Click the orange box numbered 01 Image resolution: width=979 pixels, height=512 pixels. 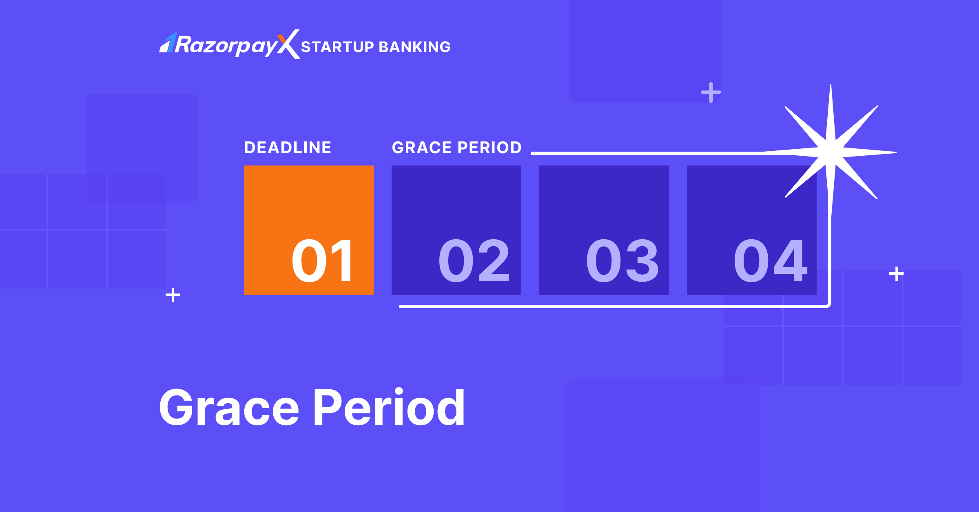(309, 230)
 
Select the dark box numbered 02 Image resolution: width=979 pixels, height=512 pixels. (456, 230)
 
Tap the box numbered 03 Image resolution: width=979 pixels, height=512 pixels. (604, 230)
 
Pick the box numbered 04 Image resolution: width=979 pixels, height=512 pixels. (752, 230)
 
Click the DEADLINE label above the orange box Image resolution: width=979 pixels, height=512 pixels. (288, 148)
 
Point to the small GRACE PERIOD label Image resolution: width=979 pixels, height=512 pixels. (457, 148)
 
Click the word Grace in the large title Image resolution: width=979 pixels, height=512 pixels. (229, 407)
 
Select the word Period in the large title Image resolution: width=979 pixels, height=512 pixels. (390, 407)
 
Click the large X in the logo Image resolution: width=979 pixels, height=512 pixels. (288, 44)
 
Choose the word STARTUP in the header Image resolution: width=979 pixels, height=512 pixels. (337, 47)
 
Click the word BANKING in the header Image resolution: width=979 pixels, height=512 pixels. (415, 47)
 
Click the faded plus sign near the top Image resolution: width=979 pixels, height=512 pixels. (711, 93)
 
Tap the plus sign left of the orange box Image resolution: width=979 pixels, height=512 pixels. (173, 295)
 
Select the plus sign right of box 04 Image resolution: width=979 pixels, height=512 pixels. (897, 274)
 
